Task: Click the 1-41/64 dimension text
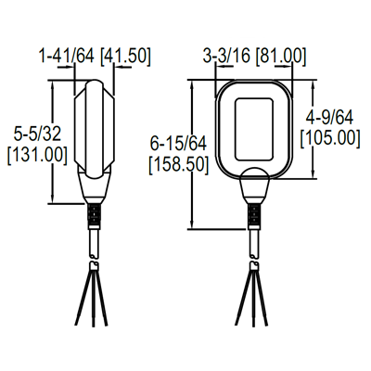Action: (x=67, y=56)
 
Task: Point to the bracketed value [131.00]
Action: (x=36, y=155)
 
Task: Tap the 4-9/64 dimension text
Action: (x=331, y=117)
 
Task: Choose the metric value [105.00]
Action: (x=331, y=137)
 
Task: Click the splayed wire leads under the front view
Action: (x=254, y=294)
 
